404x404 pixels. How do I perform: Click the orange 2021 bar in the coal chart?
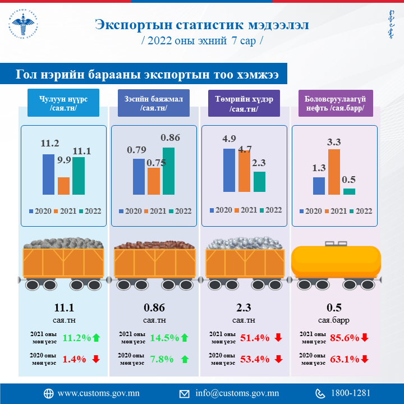[63, 185]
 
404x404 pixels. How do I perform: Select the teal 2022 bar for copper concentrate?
[168, 171]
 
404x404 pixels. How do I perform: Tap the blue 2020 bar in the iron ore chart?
[229, 169]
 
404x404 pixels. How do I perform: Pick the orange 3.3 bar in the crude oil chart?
[334, 172]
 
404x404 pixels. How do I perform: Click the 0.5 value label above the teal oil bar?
[349, 180]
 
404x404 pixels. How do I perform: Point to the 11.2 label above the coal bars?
[49, 144]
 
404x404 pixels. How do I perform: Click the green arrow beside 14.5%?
[185, 338]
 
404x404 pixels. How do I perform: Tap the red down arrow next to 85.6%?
[365, 338]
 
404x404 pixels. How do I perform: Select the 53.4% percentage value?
[254, 359]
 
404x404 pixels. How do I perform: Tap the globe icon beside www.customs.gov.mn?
[48, 393]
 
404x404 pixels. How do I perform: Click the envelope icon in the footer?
[185, 393]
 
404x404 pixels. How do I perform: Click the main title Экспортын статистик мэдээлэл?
[202, 25]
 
